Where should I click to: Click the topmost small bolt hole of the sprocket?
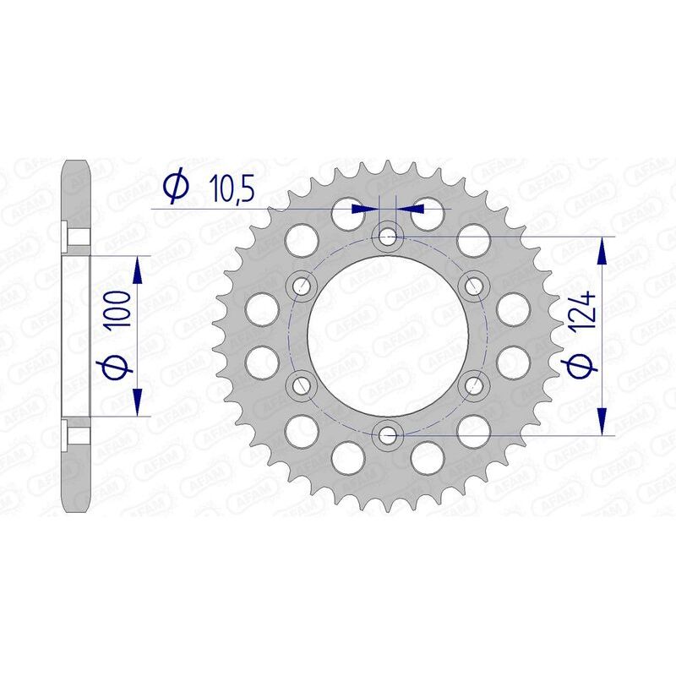[387, 234]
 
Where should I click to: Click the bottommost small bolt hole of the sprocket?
[387, 435]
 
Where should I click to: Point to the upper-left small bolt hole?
[301, 285]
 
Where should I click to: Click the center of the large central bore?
[387, 335]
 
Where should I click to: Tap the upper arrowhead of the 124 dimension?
[602, 249]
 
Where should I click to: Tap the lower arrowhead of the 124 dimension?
[602, 422]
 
